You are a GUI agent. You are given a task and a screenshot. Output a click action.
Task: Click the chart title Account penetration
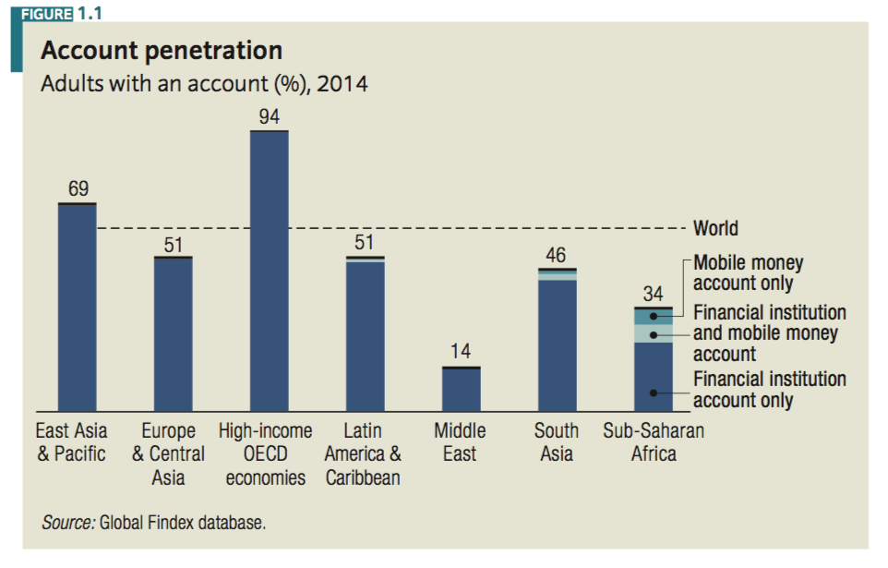point(161,50)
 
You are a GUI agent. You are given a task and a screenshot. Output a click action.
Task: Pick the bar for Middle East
point(461,389)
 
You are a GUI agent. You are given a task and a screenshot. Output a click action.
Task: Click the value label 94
point(270,116)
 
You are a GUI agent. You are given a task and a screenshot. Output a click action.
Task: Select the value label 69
point(78,189)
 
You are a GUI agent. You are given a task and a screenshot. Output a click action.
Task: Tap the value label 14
point(461,353)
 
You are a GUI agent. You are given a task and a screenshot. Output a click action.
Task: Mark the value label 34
point(653,295)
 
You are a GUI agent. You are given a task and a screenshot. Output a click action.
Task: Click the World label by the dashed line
point(715,228)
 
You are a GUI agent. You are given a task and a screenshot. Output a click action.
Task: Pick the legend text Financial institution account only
point(769,390)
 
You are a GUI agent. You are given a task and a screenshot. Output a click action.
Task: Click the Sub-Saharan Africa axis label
point(654,442)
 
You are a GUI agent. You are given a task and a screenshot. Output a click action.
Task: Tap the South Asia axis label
point(557,442)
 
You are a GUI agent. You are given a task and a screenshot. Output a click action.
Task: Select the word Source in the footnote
point(67,523)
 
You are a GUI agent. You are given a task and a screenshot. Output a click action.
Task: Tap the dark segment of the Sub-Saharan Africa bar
point(653,377)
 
